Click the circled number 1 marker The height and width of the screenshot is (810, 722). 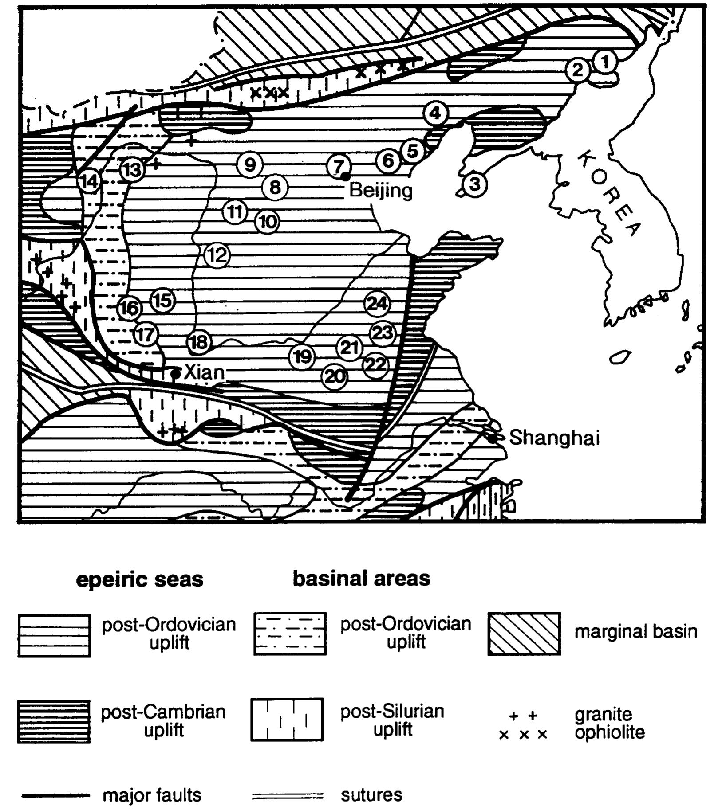click(x=605, y=62)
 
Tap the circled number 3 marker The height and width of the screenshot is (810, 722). click(x=475, y=183)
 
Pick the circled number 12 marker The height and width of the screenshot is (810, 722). click(x=217, y=255)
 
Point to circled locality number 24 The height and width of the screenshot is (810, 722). click(x=377, y=304)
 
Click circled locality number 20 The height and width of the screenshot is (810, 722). click(x=335, y=376)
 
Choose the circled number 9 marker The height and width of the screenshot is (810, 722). click(x=250, y=164)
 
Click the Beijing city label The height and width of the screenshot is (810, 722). click(x=381, y=191)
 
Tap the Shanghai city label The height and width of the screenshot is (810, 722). click(x=554, y=438)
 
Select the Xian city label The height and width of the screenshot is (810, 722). click(x=204, y=372)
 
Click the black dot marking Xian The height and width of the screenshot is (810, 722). click(x=175, y=374)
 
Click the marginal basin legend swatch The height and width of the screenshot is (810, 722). click(x=524, y=634)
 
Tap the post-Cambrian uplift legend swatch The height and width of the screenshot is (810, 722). click(x=54, y=721)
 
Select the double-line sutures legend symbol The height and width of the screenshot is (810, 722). click(x=288, y=796)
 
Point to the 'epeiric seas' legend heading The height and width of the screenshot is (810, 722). click(x=139, y=579)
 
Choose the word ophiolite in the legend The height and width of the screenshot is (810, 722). click(x=609, y=732)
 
